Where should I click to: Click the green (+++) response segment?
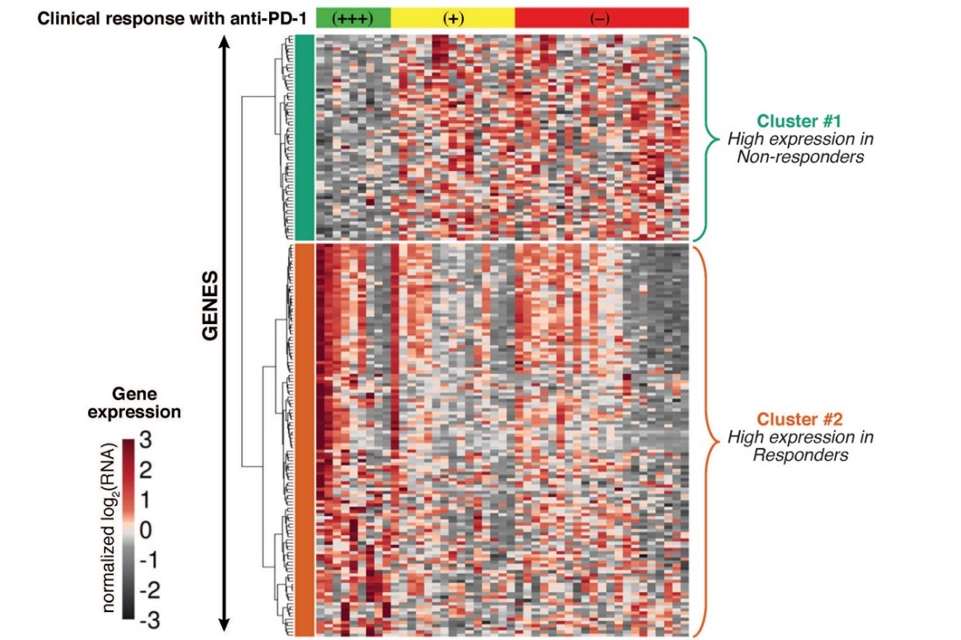pyautogui.click(x=353, y=18)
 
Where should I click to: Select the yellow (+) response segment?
pyautogui.click(x=453, y=18)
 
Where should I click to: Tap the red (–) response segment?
pyautogui.click(x=601, y=18)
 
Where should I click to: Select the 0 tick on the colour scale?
pyautogui.click(x=145, y=530)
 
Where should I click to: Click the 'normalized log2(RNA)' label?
pyautogui.click(x=109, y=529)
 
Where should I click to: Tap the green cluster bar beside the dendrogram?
pyautogui.click(x=304, y=137)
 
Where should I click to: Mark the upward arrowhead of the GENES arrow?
pyautogui.click(x=225, y=41)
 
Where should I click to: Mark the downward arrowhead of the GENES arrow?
pyautogui.click(x=225, y=623)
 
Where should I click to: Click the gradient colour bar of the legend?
pyautogui.click(x=128, y=529)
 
